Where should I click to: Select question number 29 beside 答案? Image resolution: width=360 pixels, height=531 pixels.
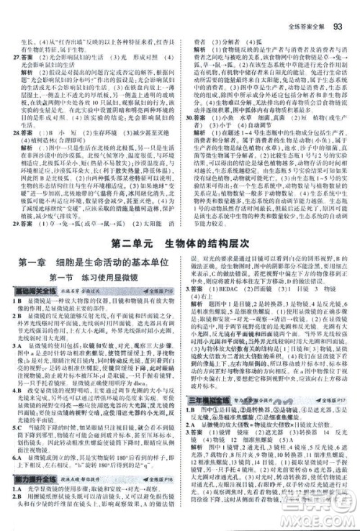[9, 245]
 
